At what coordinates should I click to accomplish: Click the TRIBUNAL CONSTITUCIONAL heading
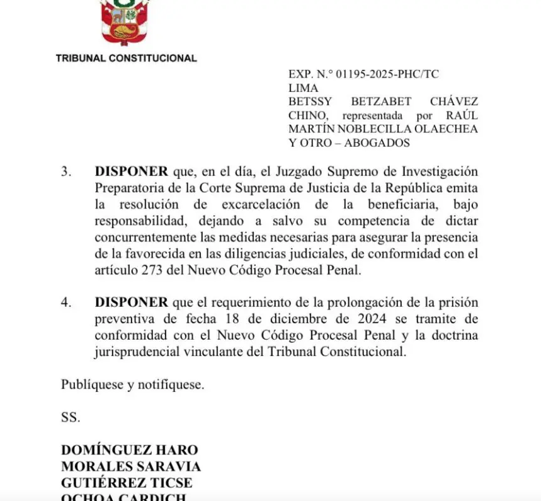click(x=126, y=58)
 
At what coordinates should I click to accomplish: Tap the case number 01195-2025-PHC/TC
click(x=387, y=74)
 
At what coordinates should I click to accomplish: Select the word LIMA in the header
click(x=304, y=88)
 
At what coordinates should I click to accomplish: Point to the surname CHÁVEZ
click(x=453, y=101)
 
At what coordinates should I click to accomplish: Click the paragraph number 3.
click(x=66, y=171)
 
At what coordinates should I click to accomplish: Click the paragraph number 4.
click(x=66, y=302)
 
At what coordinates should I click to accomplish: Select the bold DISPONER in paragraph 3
click(x=132, y=171)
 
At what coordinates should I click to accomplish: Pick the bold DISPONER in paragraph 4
click(x=132, y=302)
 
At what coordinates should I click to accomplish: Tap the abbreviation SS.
click(x=71, y=417)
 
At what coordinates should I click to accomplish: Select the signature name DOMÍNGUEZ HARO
click(x=130, y=450)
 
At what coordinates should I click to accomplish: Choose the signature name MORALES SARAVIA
click(x=131, y=466)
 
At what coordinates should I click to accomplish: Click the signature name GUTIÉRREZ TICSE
click(x=127, y=483)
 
